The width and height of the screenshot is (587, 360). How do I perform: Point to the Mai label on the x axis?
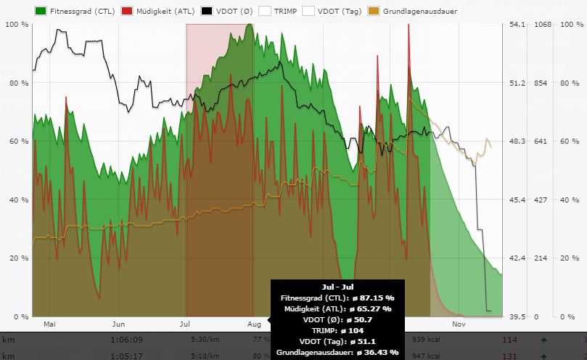(x=50, y=324)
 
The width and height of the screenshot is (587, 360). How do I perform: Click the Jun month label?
(x=119, y=324)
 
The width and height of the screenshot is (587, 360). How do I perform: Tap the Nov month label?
(x=458, y=324)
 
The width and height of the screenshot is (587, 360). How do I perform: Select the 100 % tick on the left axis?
(x=16, y=25)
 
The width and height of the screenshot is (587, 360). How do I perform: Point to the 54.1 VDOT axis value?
(x=517, y=25)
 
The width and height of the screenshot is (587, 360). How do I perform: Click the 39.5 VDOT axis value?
(x=517, y=317)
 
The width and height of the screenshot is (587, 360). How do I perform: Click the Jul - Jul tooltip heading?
(x=336, y=287)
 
